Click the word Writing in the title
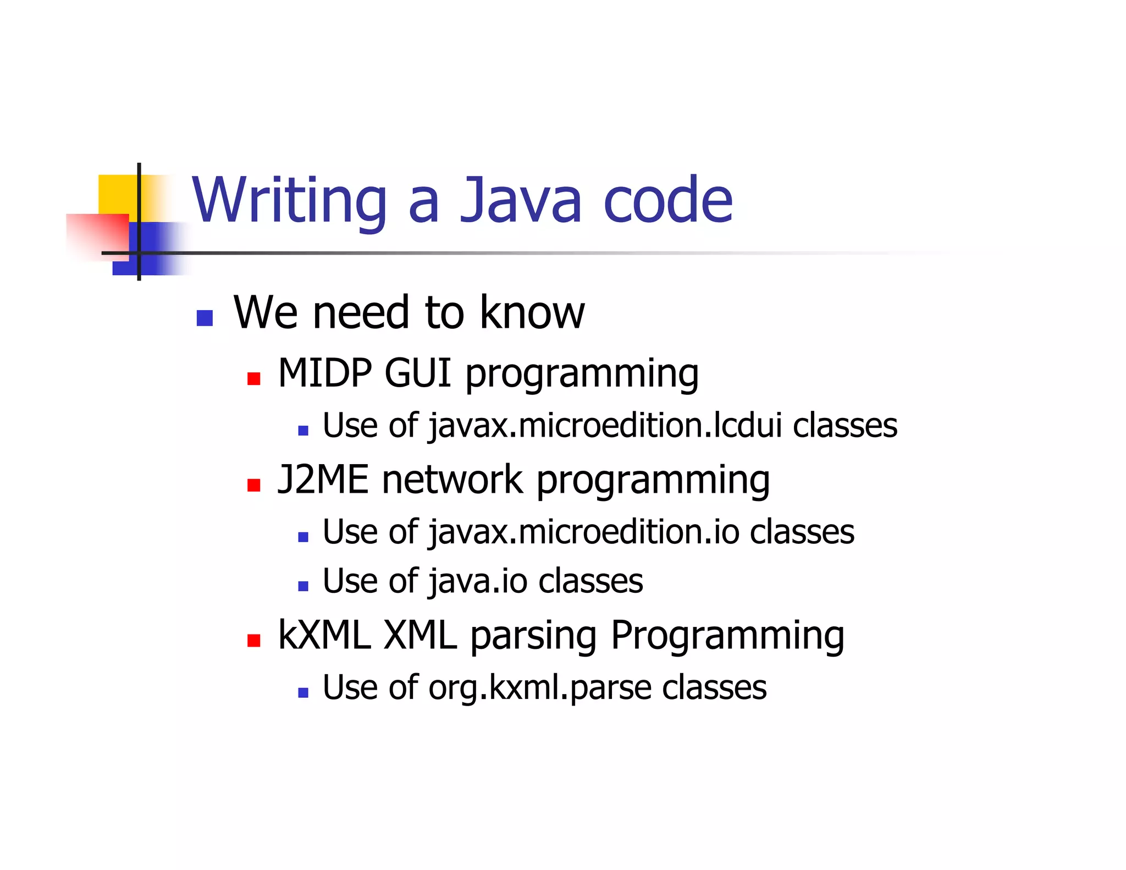289,201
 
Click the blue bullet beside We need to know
205,318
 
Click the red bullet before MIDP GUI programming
253,378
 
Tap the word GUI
418,373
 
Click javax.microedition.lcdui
605,426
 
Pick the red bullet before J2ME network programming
253,484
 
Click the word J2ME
323,480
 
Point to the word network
452,480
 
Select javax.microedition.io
583,532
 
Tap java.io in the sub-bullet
478,581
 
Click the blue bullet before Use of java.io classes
303,586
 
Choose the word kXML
324,636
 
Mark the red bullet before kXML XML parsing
253,641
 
